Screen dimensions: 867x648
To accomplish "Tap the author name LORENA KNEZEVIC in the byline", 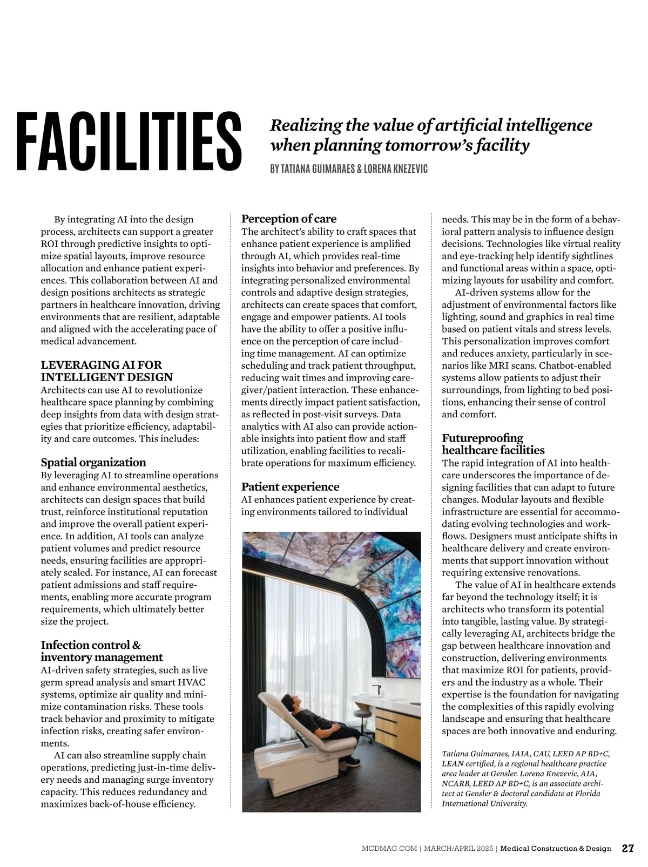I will pyautogui.click(x=395, y=169).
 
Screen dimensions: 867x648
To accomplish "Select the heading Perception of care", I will pyautogui.click(x=288, y=219).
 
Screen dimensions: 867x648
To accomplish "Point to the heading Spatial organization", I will pyautogui.click(x=93, y=462).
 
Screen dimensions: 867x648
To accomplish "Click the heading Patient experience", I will pyautogui.click(x=290, y=486).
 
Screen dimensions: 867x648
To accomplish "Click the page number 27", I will pyautogui.click(x=627, y=848).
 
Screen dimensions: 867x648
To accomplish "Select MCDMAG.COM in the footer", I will pyautogui.click(x=389, y=849).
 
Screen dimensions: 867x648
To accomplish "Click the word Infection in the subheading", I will pyautogui.click(x=64, y=645).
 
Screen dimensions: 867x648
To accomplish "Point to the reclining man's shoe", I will pyautogui.click(x=352, y=761).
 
